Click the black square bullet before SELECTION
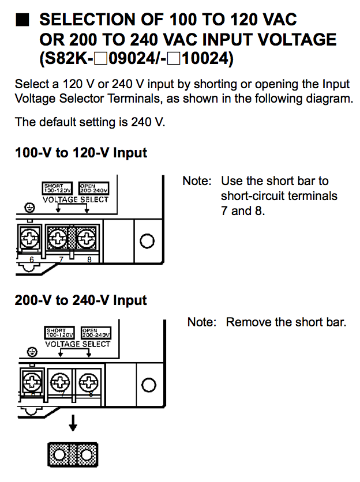(22, 20)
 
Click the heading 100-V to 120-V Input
(81, 153)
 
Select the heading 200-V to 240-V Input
(81, 300)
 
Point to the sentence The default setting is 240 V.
(91, 122)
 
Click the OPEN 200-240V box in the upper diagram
(94, 188)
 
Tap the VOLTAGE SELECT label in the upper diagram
(76, 199)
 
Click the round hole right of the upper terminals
(147, 240)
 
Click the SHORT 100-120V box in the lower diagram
(59, 333)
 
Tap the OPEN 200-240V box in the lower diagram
(96, 333)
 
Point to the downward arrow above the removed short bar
(73, 424)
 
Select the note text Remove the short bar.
(286, 322)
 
